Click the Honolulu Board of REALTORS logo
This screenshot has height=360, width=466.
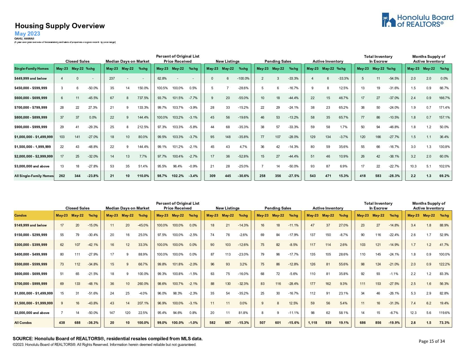pyautogui.click(x=417, y=20)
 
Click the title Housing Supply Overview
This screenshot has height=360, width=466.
pyautogui.click(x=60, y=26)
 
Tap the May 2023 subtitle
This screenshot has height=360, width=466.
pyautogui.click(x=27, y=34)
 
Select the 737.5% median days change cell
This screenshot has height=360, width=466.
pyautogui.click(x=143, y=98)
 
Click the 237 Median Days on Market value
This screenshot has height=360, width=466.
pyautogui.click(x=112, y=78)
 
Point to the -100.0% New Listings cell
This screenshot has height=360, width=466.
pyautogui.click(x=243, y=78)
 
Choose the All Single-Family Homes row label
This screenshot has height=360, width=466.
pyautogui.click(x=34, y=176)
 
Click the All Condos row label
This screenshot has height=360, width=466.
pyautogui.click(x=23, y=323)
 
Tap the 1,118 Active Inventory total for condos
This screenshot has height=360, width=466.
pyautogui.click(x=313, y=323)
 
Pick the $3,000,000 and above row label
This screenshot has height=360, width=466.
pyautogui.click(x=32, y=166)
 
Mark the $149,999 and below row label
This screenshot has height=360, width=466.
pyautogui.click(x=31, y=225)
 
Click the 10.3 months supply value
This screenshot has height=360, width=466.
pyautogui.click(x=413, y=166)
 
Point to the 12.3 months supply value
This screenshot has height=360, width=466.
pyautogui.click(x=413, y=313)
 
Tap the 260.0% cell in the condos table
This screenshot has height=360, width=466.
pyautogui.click(x=143, y=284)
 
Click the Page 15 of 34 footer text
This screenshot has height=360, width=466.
pyautogui.click(x=432, y=341)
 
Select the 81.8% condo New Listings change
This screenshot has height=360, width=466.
pyautogui.click(x=243, y=313)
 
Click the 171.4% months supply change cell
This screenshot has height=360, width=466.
pyautogui.click(x=444, y=108)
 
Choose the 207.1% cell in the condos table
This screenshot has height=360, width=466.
pyautogui.click(x=143, y=303)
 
